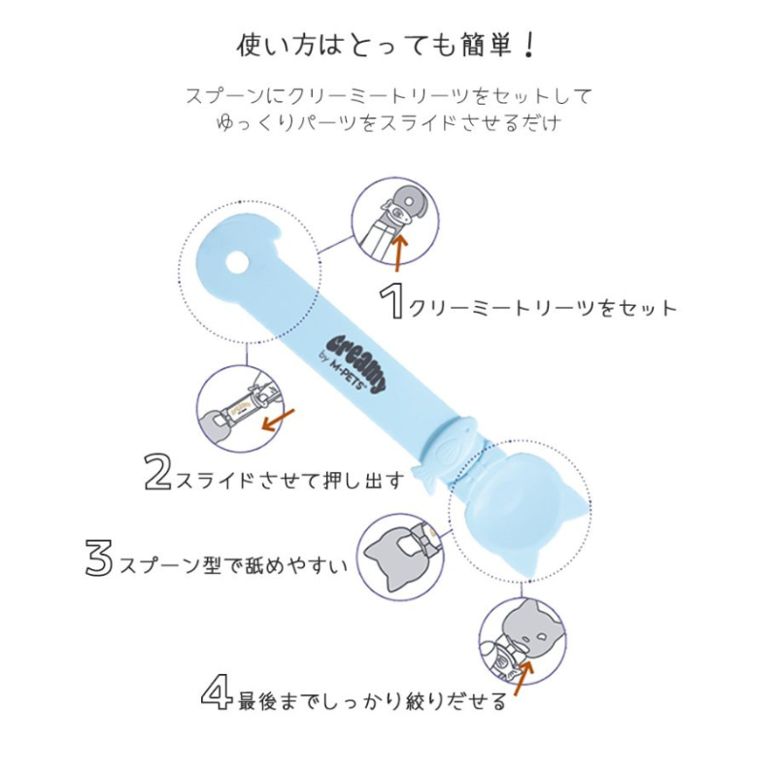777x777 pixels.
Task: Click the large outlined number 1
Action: pyautogui.click(x=392, y=300)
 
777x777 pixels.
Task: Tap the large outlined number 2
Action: pyautogui.click(x=158, y=472)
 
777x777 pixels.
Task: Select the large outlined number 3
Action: pyautogui.click(x=99, y=557)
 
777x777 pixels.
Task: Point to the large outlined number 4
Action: pyautogui.click(x=217, y=691)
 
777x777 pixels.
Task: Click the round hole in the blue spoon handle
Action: pyautogui.click(x=237, y=261)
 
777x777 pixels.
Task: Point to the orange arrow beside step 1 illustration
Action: pyautogui.click(x=399, y=253)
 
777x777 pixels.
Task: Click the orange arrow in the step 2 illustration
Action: pyautogui.click(x=278, y=421)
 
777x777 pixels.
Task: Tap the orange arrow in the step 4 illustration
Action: pyautogui.click(x=524, y=678)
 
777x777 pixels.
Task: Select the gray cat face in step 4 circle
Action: pyautogui.click(x=533, y=628)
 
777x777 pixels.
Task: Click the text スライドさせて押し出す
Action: pyautogui.click(x=289, y=480)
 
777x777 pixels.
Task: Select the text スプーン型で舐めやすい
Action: pyautogui.click(x=234, y=565)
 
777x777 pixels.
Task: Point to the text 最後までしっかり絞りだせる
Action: pyautogui.click(x=372, y=700)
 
